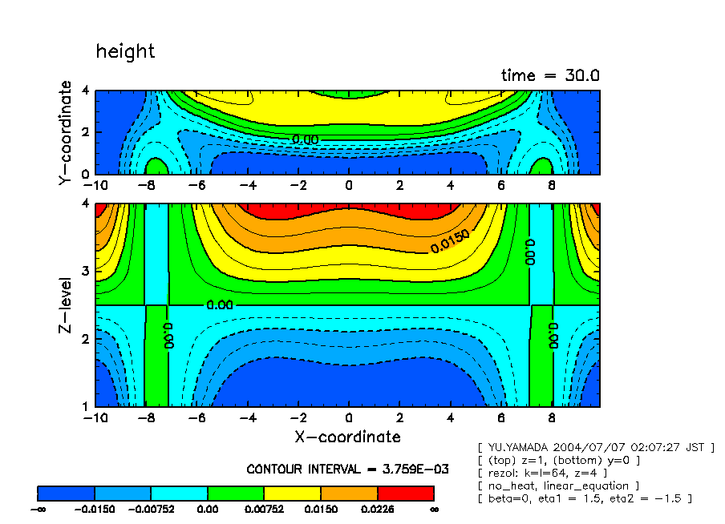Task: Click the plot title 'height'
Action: pos(125,52)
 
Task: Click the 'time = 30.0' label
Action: pos(550,75)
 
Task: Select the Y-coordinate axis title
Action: pos(66,134)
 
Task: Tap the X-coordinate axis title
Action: pos(347,437)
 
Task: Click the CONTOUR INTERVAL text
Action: pos(347,469)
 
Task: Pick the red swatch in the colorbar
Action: pos(405,493)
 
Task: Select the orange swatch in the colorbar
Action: pos(349,493)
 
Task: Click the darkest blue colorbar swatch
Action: pos(67,493)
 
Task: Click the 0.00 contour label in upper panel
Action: pos(305,139)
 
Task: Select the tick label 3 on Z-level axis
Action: pos(86,272)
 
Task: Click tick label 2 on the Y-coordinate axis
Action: pos(86,132)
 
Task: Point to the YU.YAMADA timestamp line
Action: pos(595,447)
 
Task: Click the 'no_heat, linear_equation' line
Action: pos(558,486)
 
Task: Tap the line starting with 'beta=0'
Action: pos(585,498)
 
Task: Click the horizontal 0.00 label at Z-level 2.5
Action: pos(218,305)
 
